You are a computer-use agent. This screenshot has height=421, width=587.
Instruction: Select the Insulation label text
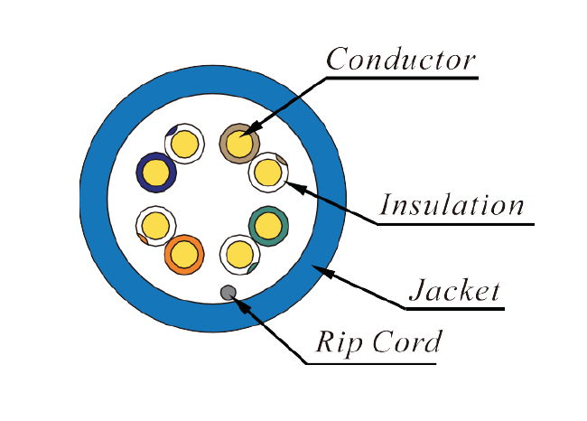452,205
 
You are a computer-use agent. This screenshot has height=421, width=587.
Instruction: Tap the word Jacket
454,290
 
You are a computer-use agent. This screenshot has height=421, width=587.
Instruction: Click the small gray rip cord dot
228,292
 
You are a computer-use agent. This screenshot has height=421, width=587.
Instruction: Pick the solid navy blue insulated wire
155,172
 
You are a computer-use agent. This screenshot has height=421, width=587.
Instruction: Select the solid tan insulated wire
239,143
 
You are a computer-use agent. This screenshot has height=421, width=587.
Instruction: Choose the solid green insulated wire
267,225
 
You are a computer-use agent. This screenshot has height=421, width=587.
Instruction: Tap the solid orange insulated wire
184,255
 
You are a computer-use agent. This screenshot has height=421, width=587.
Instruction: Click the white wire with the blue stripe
184,144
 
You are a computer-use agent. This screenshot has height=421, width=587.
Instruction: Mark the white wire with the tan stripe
268,172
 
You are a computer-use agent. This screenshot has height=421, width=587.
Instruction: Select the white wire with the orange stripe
154,225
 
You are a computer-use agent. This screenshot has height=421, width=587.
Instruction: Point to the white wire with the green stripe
239,254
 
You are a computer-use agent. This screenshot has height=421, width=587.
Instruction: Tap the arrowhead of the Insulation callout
291,186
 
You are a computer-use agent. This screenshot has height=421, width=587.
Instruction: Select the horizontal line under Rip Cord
370,364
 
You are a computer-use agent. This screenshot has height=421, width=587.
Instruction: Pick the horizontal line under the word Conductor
401,78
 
